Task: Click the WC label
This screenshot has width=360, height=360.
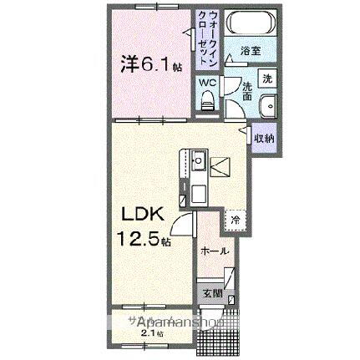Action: (x=206, y=84)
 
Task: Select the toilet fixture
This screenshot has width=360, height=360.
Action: (x=208, y=101)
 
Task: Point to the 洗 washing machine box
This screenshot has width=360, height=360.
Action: (x=266, y=78)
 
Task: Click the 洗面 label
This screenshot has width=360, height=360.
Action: (x=247, y=90)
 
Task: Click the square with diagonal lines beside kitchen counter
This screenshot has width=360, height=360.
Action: (x=220, y=166)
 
